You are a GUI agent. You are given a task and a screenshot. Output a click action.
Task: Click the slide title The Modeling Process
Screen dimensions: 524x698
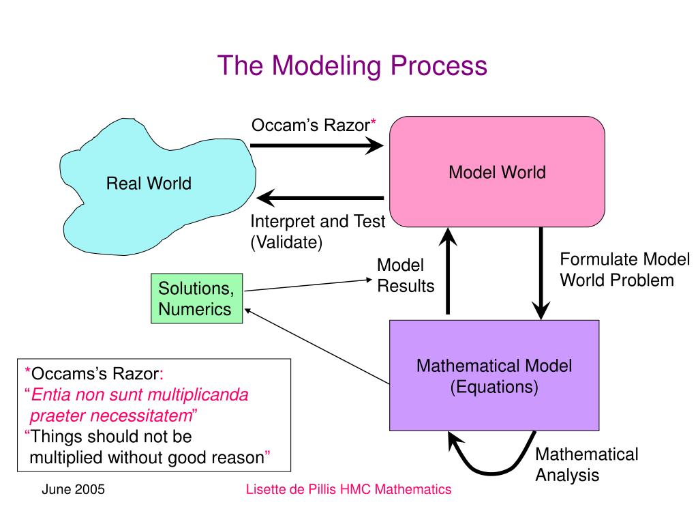click(x=352, y=65)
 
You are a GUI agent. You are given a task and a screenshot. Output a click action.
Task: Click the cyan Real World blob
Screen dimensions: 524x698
click(x=149, y=183)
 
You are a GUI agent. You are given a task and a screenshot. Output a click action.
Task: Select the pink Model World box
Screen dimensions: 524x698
click(x=496, y=172)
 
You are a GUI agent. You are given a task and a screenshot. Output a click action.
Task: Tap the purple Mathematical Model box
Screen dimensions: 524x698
click(x=494, y=375)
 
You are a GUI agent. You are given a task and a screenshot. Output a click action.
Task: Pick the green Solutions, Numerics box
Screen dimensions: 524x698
click(x=196, y=298)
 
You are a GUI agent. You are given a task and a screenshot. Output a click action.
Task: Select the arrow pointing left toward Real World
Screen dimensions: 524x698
click(x=320, y=199)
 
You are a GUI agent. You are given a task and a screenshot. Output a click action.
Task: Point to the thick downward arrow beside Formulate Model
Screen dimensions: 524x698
click(x=541, y=273)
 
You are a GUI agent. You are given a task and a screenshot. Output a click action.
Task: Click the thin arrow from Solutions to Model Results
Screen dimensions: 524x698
click(x=307, y=285)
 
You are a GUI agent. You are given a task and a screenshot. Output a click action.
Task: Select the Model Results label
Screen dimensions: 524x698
click(x=405, y=276)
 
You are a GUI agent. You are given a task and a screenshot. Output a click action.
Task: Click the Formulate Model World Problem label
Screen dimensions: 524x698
click(x=624, y=270)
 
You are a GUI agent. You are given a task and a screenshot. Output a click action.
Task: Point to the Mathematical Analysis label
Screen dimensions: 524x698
click(x=586, y=465)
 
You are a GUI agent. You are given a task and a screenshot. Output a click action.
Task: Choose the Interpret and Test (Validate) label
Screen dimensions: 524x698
click(x=317, y=231)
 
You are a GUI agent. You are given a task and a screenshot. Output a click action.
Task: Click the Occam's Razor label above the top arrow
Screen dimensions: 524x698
click(x=314, y=125)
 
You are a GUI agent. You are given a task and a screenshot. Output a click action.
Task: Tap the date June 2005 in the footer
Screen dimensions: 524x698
click(x=73, y=489)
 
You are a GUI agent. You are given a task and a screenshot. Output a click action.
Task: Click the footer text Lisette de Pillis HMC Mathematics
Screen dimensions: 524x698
click(x=348, y=489)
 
